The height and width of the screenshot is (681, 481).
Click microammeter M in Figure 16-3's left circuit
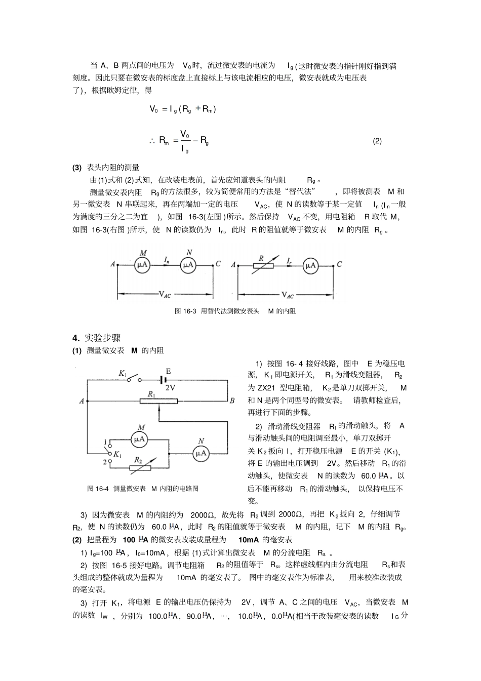pyautogui.click(x=142, y=264)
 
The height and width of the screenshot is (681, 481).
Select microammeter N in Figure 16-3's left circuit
pyautogui.click(x=189, y=264)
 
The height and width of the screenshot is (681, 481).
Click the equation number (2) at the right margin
pyautogui.click(x=377, y=141)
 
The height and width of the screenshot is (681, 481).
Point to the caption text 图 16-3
pyautogui.click(x=185, y=311)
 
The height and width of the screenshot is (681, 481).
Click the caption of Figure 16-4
pyautogui.click(x=143, y=489)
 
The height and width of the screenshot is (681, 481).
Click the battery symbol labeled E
pyautogui.click(x=164, y=380)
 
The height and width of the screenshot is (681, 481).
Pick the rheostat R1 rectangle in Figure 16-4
pyautogui.click(x=158, y=401)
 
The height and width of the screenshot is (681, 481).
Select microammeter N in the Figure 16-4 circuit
pyautogui.click(x=201, y=453)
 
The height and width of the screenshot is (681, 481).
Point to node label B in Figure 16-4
pyautogui.click(x=232, y=401)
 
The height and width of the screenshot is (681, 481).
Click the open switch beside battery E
pyautogui.click(x=133, y=379)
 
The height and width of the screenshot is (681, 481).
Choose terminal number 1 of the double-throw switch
pyautogui.click(x=105, y=443)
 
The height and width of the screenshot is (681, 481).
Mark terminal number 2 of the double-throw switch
pyautogui.click(x=105, y=462)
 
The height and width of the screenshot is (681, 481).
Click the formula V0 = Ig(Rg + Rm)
pyautogui.click(x=182, y=109)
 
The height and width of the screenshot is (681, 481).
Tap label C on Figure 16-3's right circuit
pyautogui.click(x=339, y=264)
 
